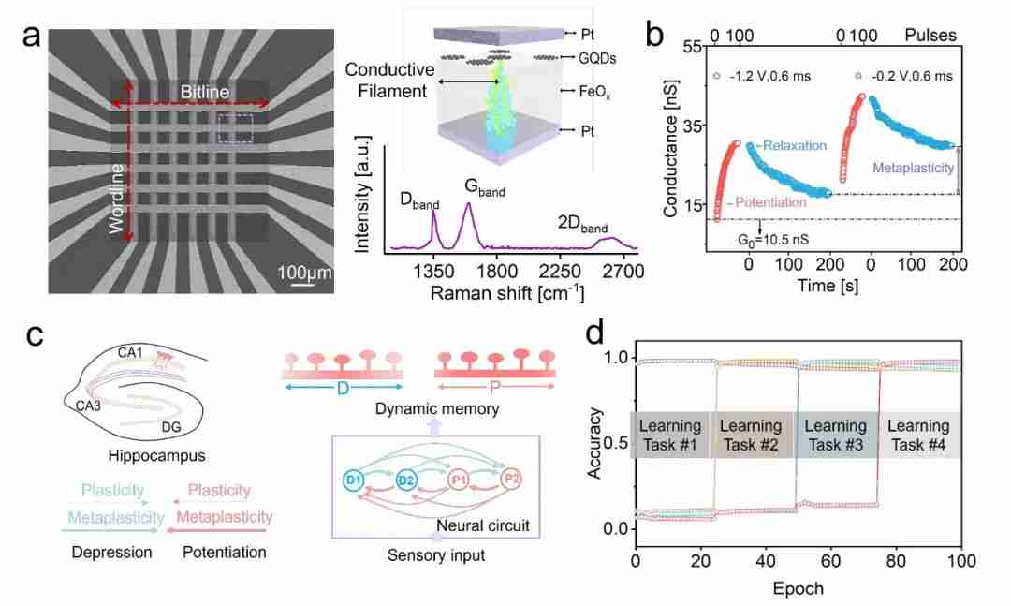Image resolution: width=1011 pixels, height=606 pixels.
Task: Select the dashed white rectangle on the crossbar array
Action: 235,129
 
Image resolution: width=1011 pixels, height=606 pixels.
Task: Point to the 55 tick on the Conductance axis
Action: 694,48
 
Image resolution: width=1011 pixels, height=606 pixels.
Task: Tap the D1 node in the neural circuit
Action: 353,480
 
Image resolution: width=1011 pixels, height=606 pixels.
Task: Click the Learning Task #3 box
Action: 836,435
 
